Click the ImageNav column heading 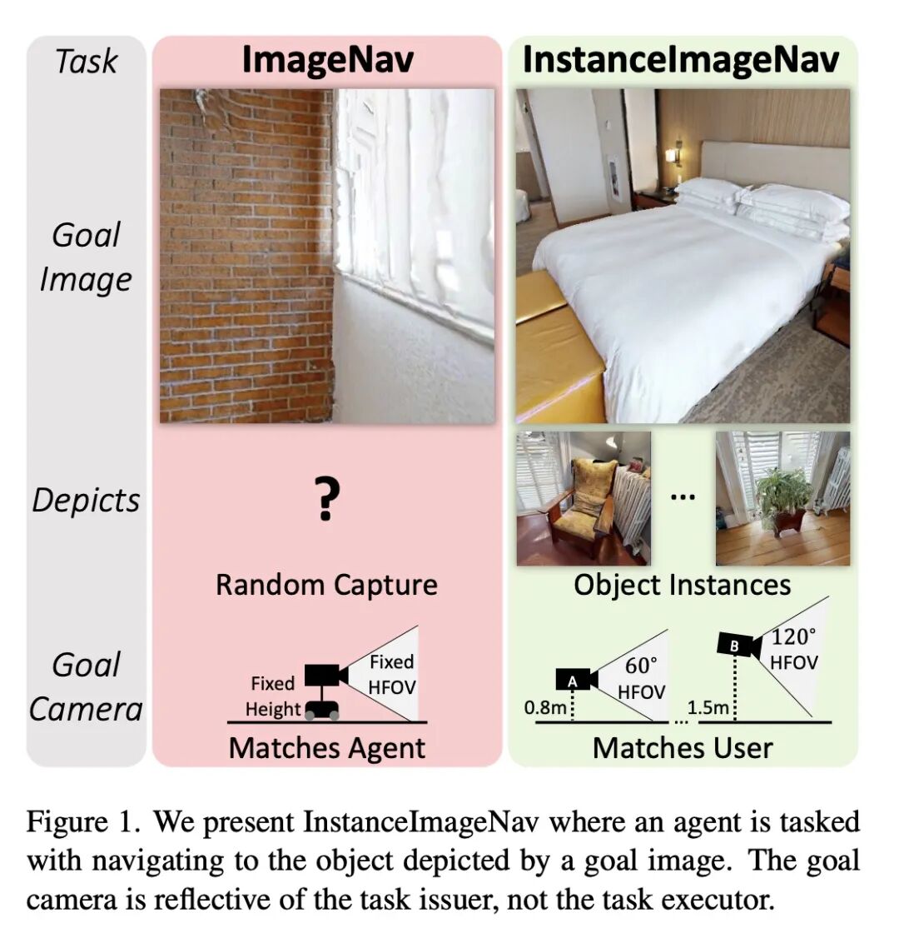coord(327,61)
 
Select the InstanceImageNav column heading coord(680,61)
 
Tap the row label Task coord(86,62)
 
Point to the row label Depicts coord(86,500)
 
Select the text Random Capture coord(326,585)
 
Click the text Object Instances coord(682,585)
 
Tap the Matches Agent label coord(326,748)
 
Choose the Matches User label coord(682,748)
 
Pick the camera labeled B coord(738,645)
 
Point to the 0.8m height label coord(545,708)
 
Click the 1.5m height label coord(708,708)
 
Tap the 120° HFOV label coord(793,650)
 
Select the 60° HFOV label coord(641,679)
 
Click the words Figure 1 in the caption coord(78,822)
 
